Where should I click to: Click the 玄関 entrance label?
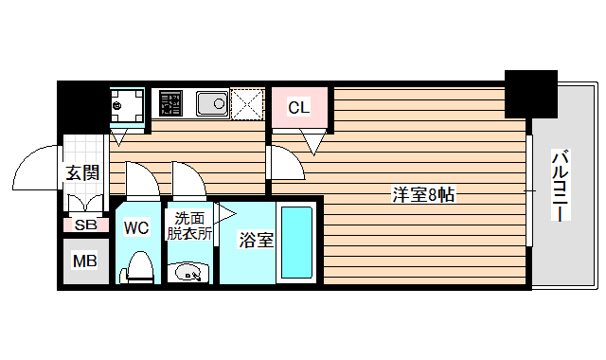point(82,172)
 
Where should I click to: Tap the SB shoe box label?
point(85,225)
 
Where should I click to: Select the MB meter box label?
point(85,261)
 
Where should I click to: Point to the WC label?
point(137,227)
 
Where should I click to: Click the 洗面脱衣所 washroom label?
point(189,226)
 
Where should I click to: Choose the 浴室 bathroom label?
point(256,241)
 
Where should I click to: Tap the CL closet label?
point(298,107)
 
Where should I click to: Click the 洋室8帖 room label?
point(425,196)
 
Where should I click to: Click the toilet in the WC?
point(138,267)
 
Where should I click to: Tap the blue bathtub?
point(297,243)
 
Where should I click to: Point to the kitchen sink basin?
point(210,101)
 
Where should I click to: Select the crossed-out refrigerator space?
point(249,102)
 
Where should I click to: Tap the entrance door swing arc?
point(36,167)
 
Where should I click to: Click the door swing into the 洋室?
point(287,163)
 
